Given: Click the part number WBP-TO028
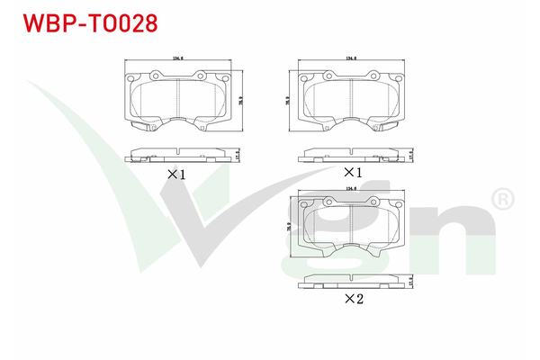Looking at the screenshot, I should tap(84, 22).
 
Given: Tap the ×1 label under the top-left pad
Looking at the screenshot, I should tap(175, 175).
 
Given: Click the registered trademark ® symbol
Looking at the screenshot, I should tap(502, 197).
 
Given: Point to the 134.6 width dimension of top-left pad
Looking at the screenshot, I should tap(176, 59).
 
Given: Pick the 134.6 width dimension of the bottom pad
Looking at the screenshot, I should tap(350, 189).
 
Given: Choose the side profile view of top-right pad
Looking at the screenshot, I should tap(351, 154).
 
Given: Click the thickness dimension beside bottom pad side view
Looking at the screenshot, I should tap(410, 281).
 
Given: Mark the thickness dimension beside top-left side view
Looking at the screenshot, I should tap(237, 154).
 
